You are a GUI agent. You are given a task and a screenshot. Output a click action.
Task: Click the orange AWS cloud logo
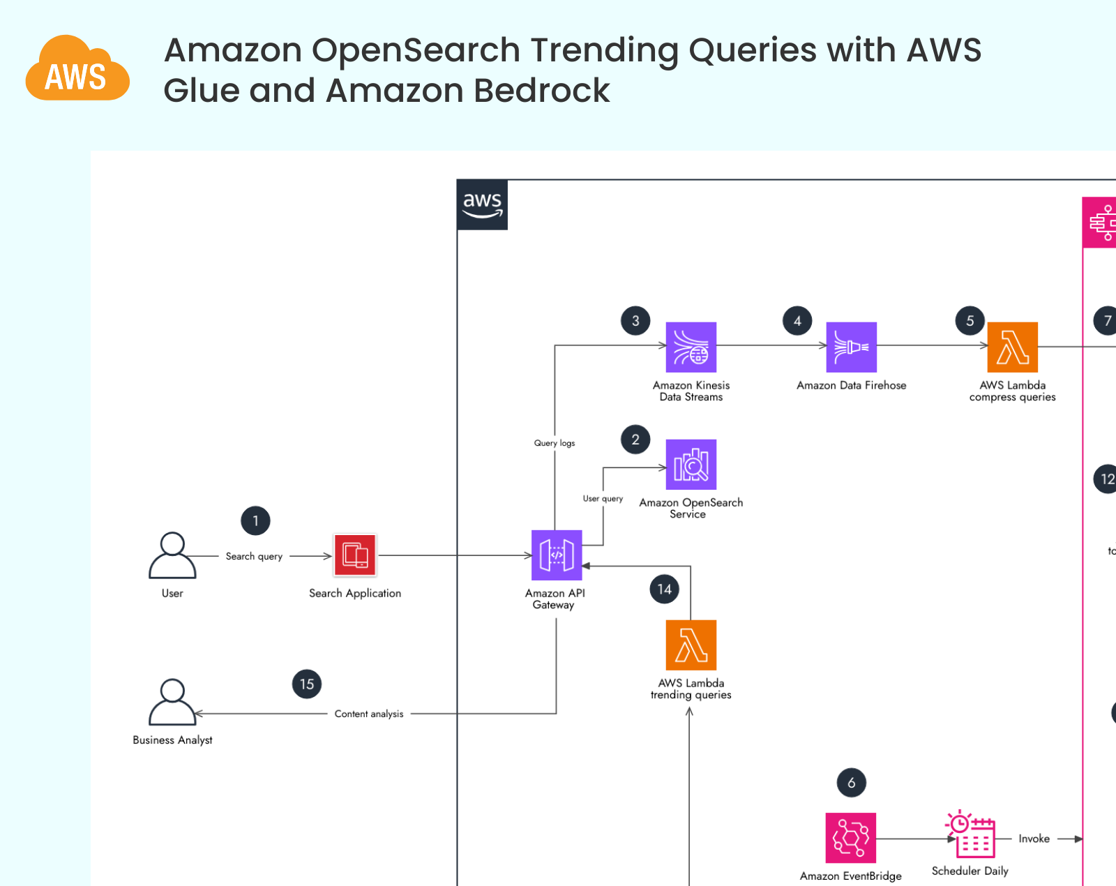[77, 70]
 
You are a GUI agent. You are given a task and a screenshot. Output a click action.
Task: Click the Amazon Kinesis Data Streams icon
[691, 347]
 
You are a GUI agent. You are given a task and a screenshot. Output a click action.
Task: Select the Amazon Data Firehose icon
[851, 347]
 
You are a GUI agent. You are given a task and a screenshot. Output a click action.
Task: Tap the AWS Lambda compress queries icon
[1012, 347]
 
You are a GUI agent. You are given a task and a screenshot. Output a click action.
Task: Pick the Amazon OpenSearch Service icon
[691, 464]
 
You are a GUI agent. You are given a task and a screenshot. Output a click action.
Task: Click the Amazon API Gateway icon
[556, 555]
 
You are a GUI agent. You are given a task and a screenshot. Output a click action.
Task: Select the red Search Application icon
[355, 555]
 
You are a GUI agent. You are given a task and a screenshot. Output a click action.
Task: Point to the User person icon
[172, 555]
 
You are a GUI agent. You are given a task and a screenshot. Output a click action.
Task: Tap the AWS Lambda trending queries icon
[691, 645]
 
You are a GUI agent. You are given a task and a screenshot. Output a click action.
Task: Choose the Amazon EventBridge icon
[850, 838]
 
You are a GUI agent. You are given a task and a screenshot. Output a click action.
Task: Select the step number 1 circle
[255, 520]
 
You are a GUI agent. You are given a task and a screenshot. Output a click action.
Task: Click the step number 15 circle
[307, 684]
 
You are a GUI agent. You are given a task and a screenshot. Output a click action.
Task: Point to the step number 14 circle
[664, 590]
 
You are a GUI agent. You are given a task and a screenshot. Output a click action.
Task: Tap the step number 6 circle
[851, 783]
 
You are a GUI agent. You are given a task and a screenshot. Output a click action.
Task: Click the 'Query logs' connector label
[555, 443]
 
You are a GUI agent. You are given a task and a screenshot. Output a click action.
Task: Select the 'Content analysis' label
[369, 714]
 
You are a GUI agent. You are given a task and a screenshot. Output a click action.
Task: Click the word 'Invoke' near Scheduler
[1034, 839]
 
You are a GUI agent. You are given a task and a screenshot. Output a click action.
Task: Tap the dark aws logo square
[482, 204]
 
